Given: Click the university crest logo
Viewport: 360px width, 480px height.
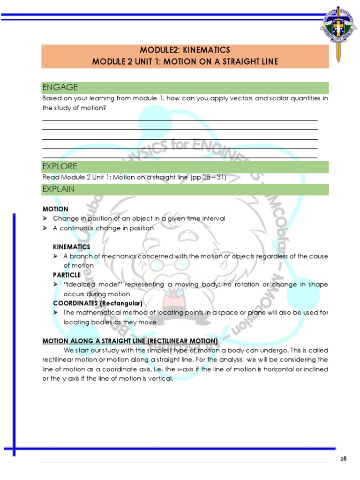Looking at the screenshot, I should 338,30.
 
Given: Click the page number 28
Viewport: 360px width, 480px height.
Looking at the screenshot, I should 344,459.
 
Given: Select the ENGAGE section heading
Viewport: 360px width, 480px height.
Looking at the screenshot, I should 60,88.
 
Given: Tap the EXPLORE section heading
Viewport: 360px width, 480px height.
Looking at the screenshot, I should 60,166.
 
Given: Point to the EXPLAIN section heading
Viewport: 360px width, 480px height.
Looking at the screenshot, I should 58,189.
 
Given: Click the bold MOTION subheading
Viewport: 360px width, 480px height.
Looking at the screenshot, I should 55,209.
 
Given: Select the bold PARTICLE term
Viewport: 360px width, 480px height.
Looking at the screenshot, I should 67,275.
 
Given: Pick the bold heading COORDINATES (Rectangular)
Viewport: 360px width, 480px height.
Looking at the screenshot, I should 97,303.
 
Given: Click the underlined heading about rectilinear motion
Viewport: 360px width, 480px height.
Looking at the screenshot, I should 130,340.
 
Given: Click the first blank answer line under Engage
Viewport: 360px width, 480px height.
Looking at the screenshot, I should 180,120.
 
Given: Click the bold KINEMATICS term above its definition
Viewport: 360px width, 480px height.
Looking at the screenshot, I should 71,247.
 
